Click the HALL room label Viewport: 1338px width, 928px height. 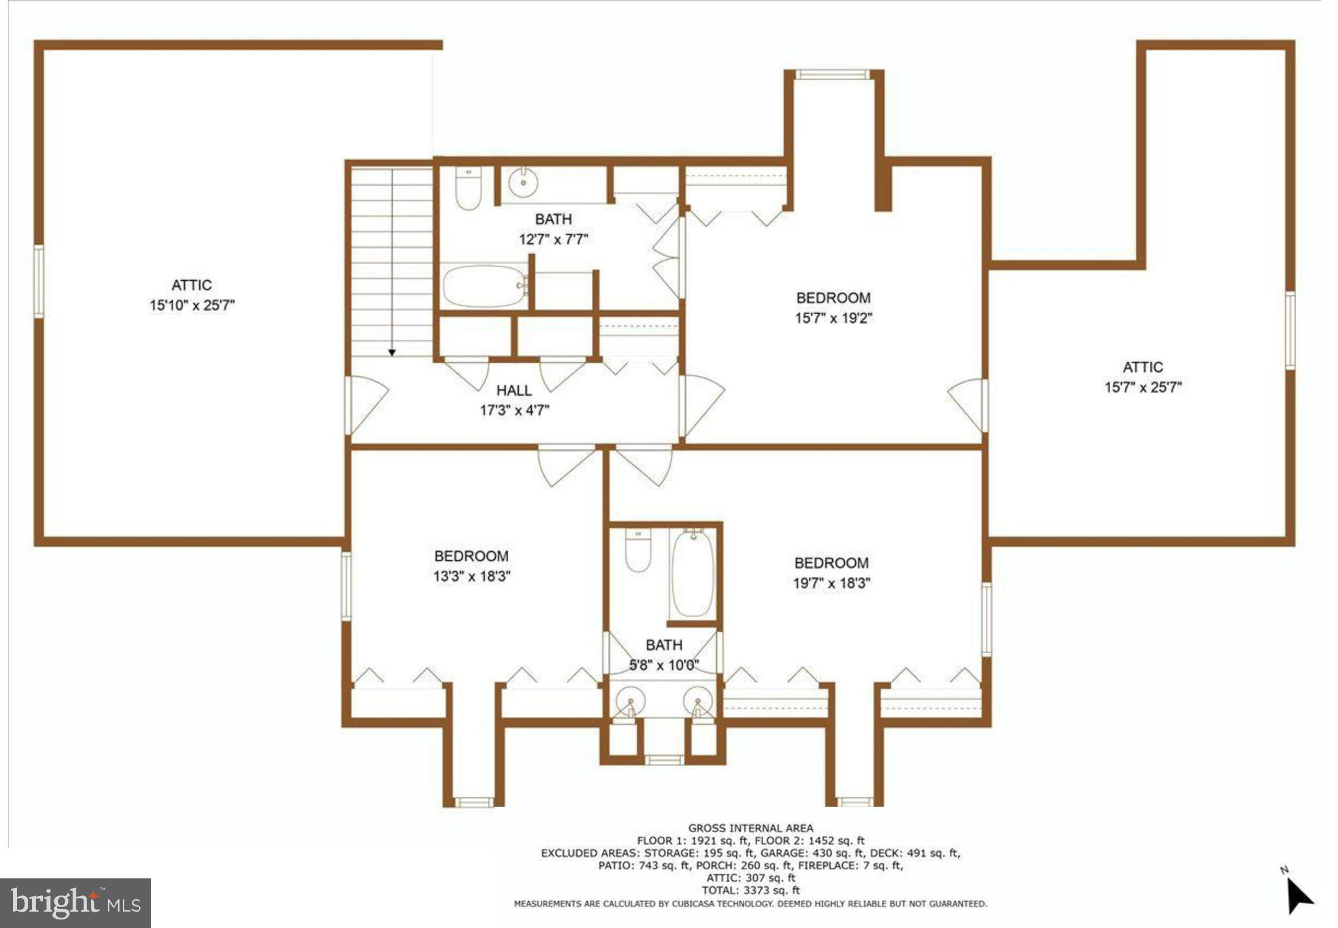[514, 391]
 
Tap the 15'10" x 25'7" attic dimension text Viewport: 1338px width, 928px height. [191, 305]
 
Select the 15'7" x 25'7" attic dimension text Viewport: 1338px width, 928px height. [1143, 387]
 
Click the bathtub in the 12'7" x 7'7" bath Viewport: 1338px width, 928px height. [484, 286]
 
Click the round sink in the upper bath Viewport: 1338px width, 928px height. [523, 182]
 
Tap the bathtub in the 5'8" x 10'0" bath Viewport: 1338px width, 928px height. [693, 574]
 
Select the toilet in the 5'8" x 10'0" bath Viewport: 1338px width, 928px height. [638, 550]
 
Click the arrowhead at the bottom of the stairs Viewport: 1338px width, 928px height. [392, 353]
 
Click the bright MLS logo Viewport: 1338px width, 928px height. [75, 903]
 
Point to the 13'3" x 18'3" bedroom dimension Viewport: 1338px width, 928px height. [472, 577]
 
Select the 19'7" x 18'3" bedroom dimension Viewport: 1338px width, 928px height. [831, 583]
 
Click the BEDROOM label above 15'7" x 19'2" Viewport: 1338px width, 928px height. [833, 298]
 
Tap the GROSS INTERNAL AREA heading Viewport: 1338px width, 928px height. [750, 828]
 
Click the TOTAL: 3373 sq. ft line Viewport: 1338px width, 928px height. [750, 890]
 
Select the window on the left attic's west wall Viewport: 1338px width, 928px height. [39, 281]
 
